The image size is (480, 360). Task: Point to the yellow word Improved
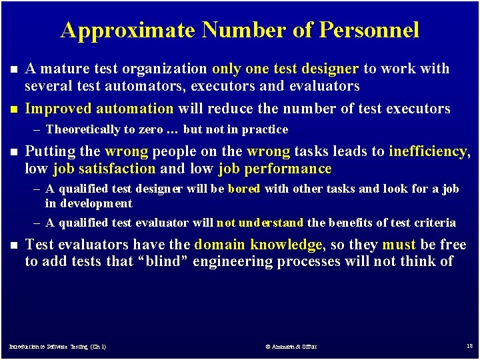(58, 109)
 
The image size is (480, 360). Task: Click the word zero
(149, 129)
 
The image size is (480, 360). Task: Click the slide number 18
(469, 346)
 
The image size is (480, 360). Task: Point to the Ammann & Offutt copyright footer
(291, 347)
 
